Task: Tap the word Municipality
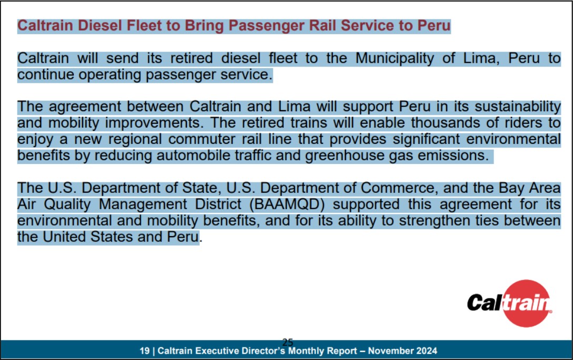[x=394, y=59]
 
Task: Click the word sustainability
[x=518, y=107]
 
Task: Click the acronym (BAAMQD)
[x=287, y=205]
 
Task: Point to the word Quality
[x=67, y=205]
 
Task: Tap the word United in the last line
[x=64, y=237]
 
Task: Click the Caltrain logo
[x=509, y=303]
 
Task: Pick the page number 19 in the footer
[x=144, y=351]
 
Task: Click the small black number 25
[x=288, y=343]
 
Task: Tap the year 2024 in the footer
[x=425, y=351]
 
